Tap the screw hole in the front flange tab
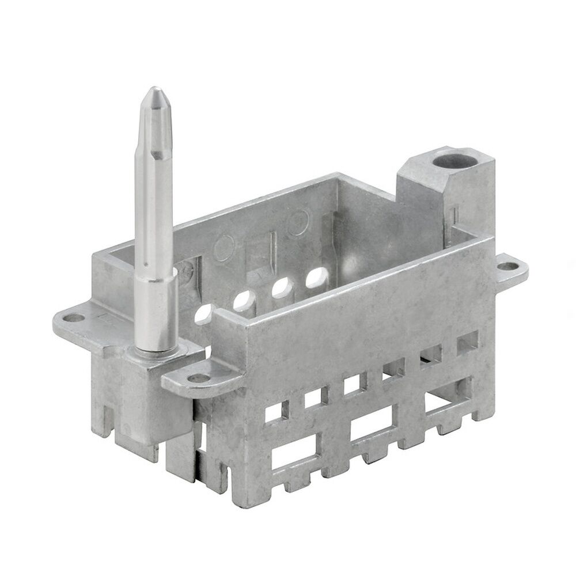pyautogui.click(x=199, y=378)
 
